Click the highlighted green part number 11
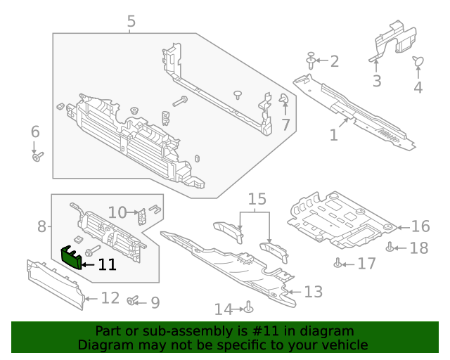(x=71, y=257)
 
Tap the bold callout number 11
(x=107, y=265)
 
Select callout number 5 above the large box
(x=131, y=22)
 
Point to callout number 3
(x=377, y=81)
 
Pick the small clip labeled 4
(x=418, y=63)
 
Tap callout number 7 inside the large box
(x=285, y=125)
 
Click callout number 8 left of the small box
(x=41, y=226)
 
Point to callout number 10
(x=117, y=212)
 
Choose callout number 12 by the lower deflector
(x=110, y=298)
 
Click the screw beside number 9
(x=131, y=301)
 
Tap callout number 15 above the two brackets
(x=257, y=199)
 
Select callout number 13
(x=313, y=291)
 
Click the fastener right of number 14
(x=249, y=307)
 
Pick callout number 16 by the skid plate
(x=420, y=226)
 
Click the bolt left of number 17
(x=338, y=264)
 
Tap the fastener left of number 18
(x=390, y=247)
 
